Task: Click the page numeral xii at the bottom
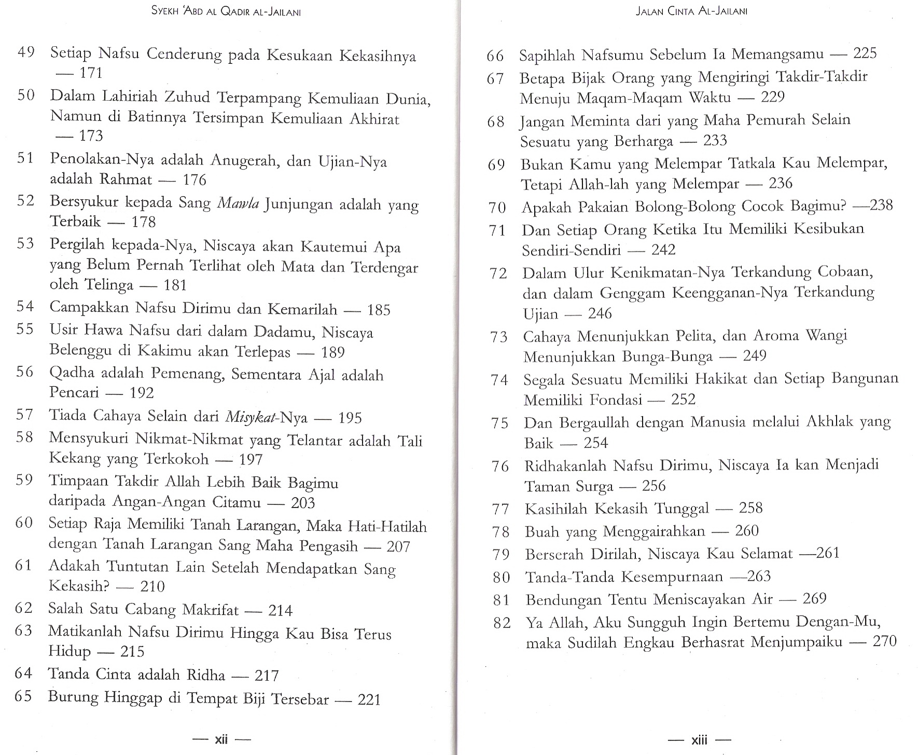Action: coord(221,739)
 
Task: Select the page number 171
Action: coord(91,73)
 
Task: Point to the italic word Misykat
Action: coord(244,417)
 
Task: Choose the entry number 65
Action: coord(23,696)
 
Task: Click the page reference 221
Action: coord(369,700)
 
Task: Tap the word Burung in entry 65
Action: coord(73,696)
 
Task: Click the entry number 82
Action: coord(502,623)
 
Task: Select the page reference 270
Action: coord(884,641)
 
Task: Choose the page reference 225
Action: coord(865,53)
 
